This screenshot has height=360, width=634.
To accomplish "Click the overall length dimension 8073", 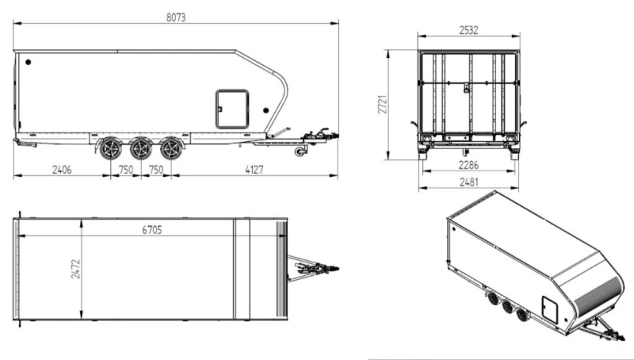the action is (x=176, y=17).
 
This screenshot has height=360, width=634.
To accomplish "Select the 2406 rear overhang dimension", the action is (x=62, y=170).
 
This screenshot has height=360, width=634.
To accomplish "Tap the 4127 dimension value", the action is (x=254, y=170).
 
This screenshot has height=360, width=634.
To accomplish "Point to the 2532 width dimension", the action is (x=468, y=30).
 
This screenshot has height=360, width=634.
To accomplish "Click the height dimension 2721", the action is (x=383, y=105).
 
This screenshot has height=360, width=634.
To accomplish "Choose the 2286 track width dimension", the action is (x=468, y=165).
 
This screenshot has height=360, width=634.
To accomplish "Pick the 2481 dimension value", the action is (x=468, y=182).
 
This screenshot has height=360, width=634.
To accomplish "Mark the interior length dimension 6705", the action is (x=152, y=230).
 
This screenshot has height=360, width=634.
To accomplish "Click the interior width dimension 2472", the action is (x=75, y=269).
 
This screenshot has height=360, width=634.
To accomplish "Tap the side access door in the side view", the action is (x=232, y=109).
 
